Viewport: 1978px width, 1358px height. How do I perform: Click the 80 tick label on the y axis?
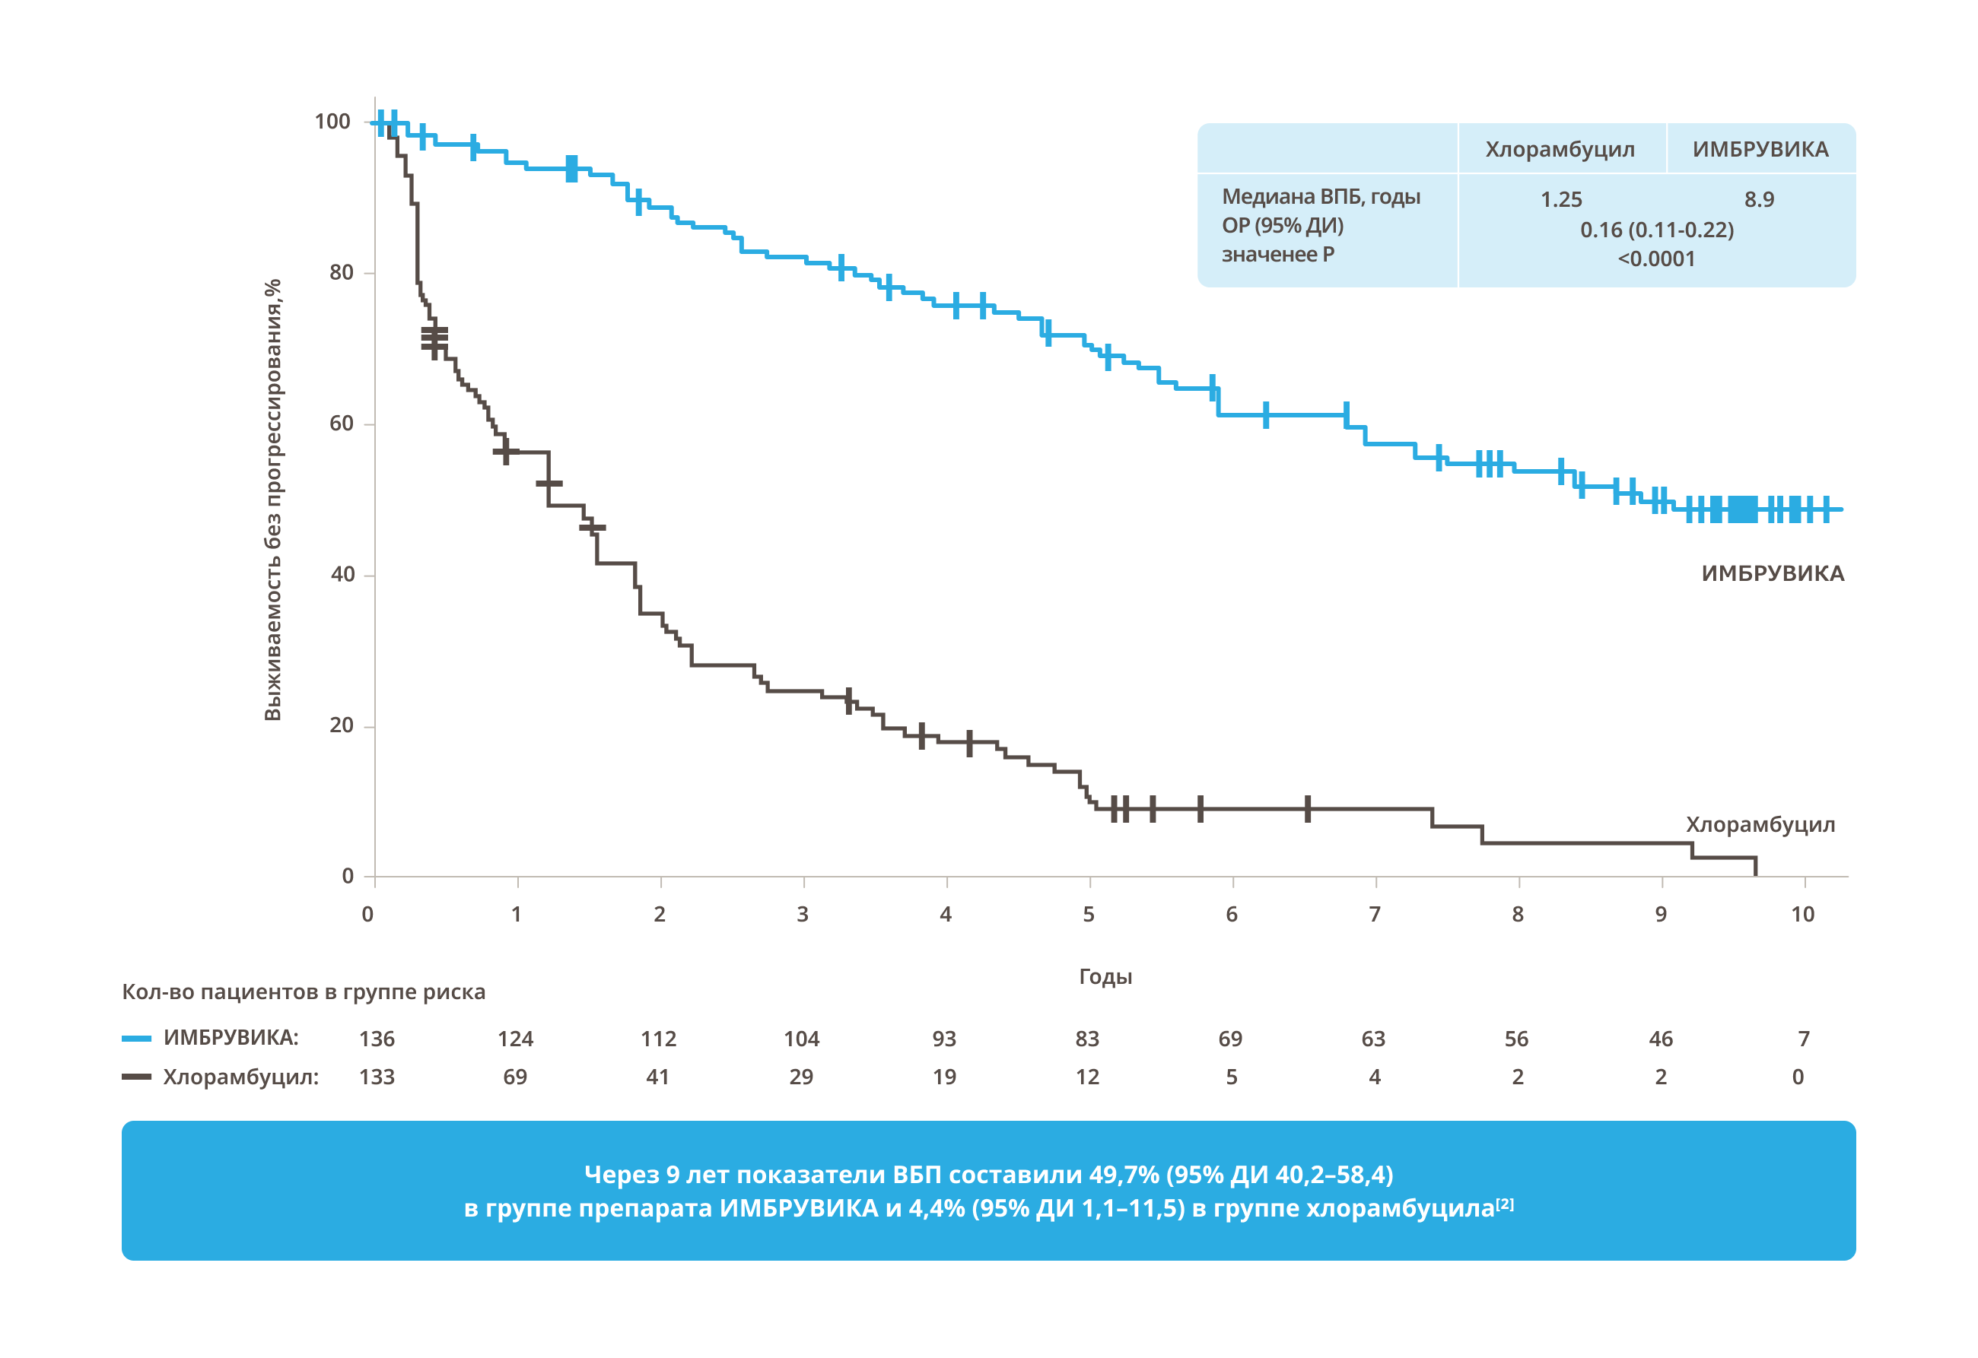click(x=342, y=272)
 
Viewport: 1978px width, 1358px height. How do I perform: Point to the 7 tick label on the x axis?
click(x=1375, y=915)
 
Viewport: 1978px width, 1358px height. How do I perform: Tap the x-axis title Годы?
click(x=1105, y=977)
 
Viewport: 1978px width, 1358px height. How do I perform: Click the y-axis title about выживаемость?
click(x=272, y=500)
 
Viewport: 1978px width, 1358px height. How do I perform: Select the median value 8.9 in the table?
click(x=1758, y=200)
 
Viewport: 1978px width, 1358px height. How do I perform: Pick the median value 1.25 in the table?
click(x=1561, y=200)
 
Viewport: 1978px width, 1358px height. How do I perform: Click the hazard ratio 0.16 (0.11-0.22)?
click(x=1656, y=230)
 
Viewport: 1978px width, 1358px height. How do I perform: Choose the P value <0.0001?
click(x=1656, y=259)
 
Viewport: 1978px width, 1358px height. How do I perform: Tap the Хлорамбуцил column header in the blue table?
click(x=1560, y=150)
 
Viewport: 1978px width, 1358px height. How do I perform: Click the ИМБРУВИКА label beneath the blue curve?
click(x=1772, y=573)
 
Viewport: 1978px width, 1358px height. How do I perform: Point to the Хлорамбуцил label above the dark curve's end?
click(x=1760, y=824)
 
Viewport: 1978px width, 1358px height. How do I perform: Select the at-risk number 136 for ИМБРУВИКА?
click(x=377, y=1039)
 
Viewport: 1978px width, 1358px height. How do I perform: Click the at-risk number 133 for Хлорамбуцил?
click(x=377, y=1077)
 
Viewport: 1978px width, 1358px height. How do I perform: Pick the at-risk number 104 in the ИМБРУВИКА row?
click(x=801, y=1039)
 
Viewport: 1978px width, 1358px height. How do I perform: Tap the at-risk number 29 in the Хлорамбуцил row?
click(x=801, y=1077)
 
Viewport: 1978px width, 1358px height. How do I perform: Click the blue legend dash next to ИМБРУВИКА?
click(x=136, y=1039)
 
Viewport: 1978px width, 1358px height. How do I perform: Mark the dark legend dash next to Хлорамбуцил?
click(x=136, y=1077)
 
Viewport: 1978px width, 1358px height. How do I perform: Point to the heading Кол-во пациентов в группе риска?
click(x=303, y=992)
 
